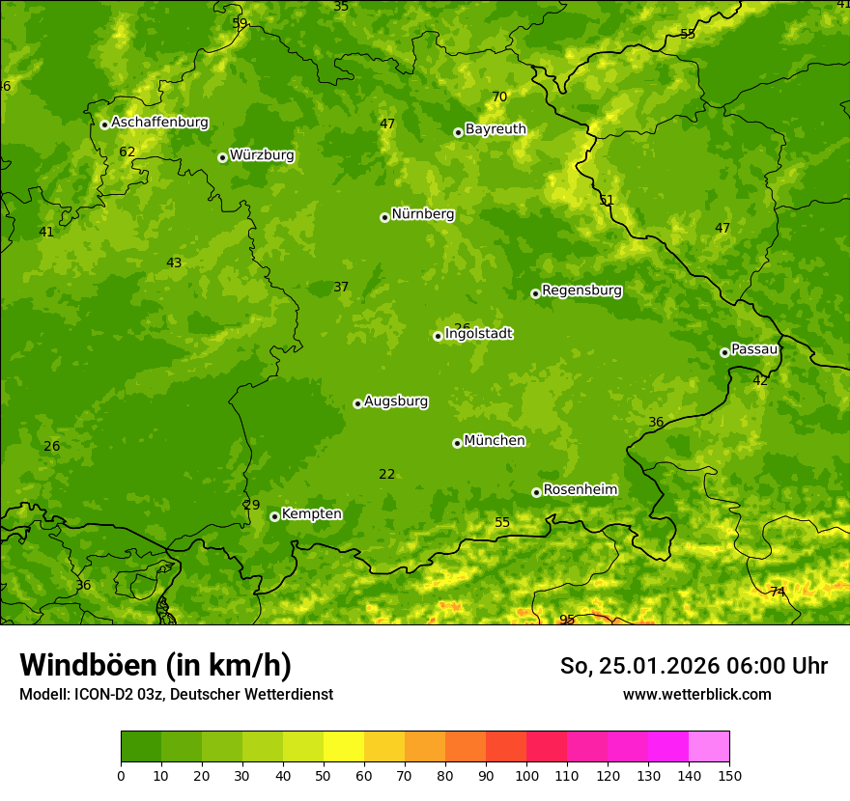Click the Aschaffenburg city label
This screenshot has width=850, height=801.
pos(159,123)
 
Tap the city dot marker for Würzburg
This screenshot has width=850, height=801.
pos(222,157)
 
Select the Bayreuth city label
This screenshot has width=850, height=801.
pos(496,129)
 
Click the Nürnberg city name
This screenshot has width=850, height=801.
pos(422,214)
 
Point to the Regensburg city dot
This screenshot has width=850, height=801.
pos(535,293)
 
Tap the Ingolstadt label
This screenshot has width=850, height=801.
pos(478,334)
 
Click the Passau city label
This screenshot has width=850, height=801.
pos(753,349)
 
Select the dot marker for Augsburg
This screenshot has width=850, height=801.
pos(357,403)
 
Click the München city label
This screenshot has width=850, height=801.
pos(494,441)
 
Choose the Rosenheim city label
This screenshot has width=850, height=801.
pos(580,490)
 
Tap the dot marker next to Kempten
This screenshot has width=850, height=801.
pos(274,516)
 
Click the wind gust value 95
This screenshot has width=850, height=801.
pos(567,620)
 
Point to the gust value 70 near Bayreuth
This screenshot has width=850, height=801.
pos(499,97)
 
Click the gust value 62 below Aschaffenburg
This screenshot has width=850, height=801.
pos(127,152)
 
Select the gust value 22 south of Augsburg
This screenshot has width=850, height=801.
pos(386,474)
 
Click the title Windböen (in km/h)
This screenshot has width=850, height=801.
pos(156,665)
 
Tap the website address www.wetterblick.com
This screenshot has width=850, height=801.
pos(696,694)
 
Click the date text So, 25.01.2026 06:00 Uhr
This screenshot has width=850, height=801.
pos(694,666)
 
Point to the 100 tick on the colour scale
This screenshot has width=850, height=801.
pos(526,775)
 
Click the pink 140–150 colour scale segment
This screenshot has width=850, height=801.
pos(709,747)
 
